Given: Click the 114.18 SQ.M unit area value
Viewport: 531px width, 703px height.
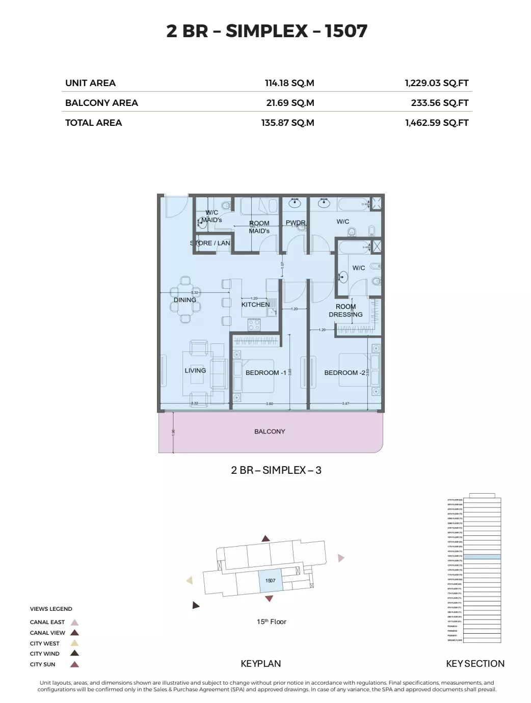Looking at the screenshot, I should pos(289,83).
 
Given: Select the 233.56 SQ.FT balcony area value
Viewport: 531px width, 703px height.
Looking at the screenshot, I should pos(439,103).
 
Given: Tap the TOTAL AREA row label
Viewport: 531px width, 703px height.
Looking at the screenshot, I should pos(93,123).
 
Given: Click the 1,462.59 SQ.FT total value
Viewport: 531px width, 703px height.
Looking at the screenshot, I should pos(437,123).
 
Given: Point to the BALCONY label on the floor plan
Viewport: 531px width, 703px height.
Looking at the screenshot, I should pos(270,431).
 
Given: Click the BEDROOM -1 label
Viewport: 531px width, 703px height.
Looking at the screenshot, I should pos(265,373).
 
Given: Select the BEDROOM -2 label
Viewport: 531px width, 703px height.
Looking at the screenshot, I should pos(344,373).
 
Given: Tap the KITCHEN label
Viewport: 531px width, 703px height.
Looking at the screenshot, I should pos(255,305).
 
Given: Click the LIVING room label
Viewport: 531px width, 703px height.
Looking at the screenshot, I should pos(195,370).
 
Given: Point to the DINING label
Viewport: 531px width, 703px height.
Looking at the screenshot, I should pos(184,300).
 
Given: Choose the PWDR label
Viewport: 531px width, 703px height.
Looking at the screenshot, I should pos(296,223).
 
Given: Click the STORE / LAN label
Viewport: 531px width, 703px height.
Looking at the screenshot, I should pos(210,243).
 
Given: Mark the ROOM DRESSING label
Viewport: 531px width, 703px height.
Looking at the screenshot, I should pos(346,311).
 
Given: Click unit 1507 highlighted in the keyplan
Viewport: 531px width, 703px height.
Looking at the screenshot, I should pos(270,581).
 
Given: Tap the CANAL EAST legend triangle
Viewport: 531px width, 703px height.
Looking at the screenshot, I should pos(74,623).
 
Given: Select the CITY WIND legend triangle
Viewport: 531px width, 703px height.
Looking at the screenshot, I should pos(74,654).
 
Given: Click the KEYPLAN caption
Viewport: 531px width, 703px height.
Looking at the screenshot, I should pos(260,664).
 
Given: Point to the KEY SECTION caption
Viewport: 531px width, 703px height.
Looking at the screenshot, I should pos(475,664).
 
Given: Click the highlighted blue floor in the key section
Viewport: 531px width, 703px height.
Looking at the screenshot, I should pos(482,557).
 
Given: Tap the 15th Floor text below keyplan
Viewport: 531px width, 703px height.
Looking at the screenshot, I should pos(271,621).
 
